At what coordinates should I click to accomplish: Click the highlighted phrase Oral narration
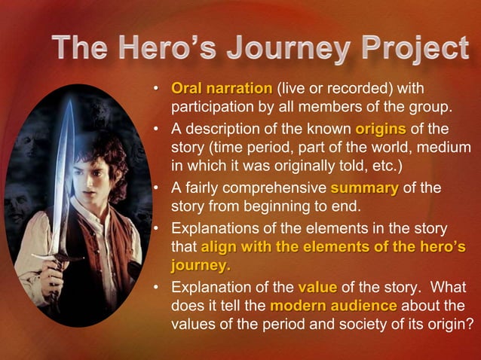(223, 89)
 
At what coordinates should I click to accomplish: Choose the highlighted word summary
(365, 188)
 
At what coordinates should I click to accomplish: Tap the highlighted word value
(317, 287)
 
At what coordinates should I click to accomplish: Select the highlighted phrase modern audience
(333, 306)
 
